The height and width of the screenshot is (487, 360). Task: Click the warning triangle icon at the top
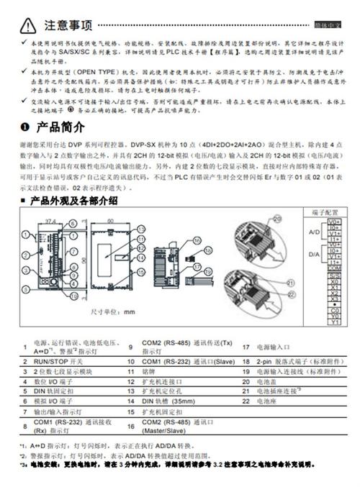tap(27, 26)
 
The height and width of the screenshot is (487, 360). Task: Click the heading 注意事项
tap(69, 26)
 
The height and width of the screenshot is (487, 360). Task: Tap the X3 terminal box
tap(334, 299)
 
